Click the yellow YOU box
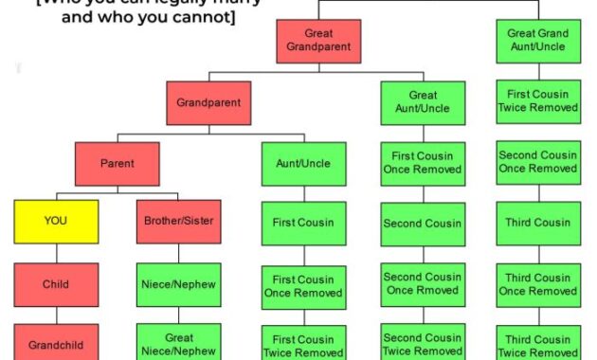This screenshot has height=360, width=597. pyautogui.click(x=56, y=221)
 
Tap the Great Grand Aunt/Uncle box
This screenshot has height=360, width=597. pyautogui.click(x=538, y=40)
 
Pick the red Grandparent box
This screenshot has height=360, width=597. pyautogui.click(x=208, y=102)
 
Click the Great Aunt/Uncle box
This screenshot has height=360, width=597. pyautogui.click(x=423, y=102)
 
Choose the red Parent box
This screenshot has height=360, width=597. pyautogui.click(x=117, y=163)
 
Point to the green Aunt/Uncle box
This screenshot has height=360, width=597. pyautogui.click(x=303, y=163)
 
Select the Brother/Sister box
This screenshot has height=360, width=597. pyautogui.click(x=178, y=221)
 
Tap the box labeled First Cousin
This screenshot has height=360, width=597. pyautogui.click(x=303, y=224)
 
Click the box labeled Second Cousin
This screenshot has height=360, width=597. pyautogui.click(x=423, y=224)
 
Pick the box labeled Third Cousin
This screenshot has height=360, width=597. pyautogui.click(x=538, y=224)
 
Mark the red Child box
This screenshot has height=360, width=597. pyautogui.click(x=56, y=284)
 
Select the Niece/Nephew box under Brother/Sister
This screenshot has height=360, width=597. pyautogui.click(x=178, y=284)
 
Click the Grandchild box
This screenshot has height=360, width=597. pyautogui.click(x=56, y=342)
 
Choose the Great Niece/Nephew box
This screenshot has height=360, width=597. pyautogui.click(x=178, y=342)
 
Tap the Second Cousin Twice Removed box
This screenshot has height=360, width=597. pyautogui.click(x=423, y=343)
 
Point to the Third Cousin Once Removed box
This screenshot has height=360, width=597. pyautogui.click(x=538, y=284)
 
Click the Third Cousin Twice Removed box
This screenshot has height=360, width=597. pyautogui.click(x=538, y=343)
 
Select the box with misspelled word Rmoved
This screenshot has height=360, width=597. pyautogui.click(x=423, y=284)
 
